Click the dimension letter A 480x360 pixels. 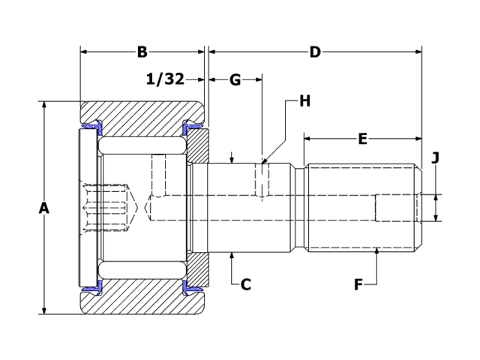coord(43,208)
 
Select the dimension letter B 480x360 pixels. coord(142,52)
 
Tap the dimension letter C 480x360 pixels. coord(245,284)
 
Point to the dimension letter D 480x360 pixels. coord(315,52)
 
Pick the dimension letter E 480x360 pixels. coord(362,139)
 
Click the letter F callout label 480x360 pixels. coord(358,284)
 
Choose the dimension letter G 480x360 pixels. coord(235,79)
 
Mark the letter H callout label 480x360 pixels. coord(304,100)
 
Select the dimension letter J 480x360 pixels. coord(435,157)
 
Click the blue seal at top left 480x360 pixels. coord(91,124)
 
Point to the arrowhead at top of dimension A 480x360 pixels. coord(43,106)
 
